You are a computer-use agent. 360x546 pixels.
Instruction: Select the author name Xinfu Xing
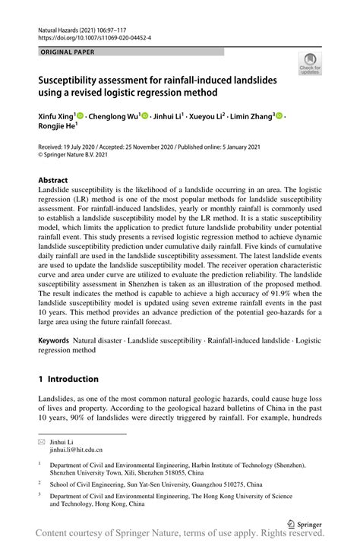click(56, 116)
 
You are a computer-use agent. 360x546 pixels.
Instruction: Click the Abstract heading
click(53, 181)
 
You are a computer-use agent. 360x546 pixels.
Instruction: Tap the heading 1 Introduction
click(68, 379)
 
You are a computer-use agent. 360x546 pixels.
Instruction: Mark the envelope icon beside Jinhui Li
click(42, 441)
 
